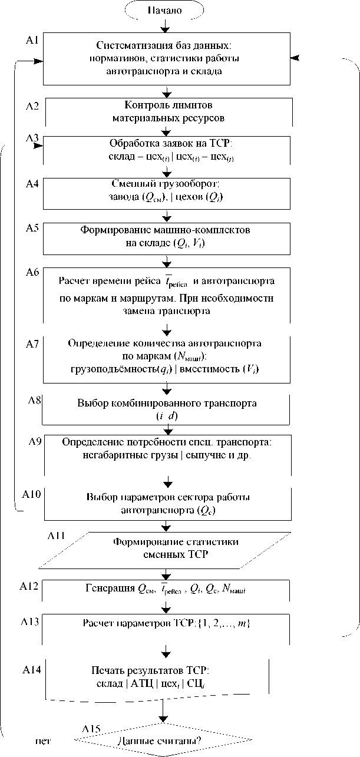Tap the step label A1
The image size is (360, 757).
tap(32, 40)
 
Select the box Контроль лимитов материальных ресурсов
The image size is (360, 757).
tap(168, 111)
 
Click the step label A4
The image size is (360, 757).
tap(32, 184)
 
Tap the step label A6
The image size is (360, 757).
tap(32, 272)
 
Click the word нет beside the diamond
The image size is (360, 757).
tap(43, 741)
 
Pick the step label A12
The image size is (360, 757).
tap(29, 587)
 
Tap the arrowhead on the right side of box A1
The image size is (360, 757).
tap(296, 58)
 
